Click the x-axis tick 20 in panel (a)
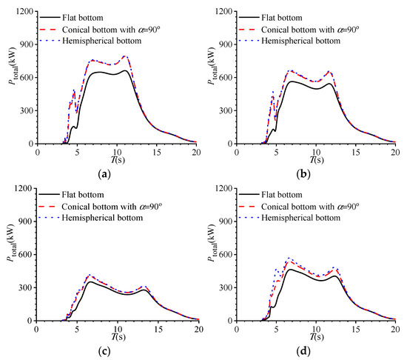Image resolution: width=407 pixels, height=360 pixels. pos(195,150)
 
